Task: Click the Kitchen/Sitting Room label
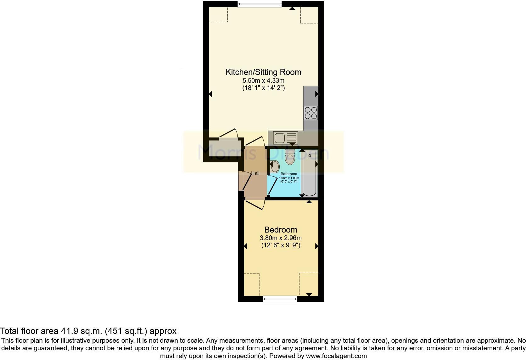(263, 72)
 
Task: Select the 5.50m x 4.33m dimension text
(263, 81)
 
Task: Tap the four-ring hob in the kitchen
(311, 113)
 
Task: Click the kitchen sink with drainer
(285, 138)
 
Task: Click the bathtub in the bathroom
(309, 173)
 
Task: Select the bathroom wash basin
(275, 166)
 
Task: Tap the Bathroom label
(288, 174)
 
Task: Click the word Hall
(255, 173)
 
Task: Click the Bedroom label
(281, 230)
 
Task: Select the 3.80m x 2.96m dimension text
(281, 238)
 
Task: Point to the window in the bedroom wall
(280, 299)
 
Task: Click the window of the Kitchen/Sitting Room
(259, 4)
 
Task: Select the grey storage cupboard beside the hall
(224, 149)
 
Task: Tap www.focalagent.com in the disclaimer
(336, 356)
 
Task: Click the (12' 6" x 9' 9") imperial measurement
(281, 245)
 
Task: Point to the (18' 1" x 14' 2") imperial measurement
(263, 88)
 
